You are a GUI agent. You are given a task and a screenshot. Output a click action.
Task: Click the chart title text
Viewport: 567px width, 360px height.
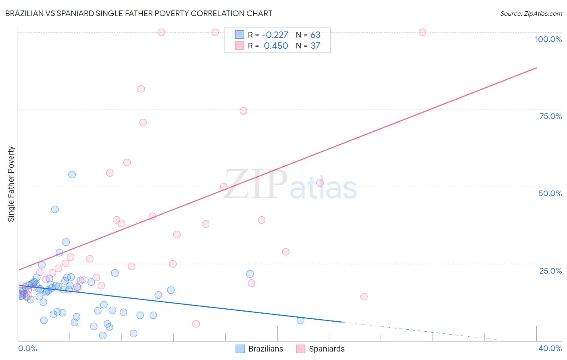tap(139, 13)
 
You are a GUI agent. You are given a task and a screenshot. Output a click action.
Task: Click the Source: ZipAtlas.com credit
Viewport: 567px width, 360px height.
tap(531, 13)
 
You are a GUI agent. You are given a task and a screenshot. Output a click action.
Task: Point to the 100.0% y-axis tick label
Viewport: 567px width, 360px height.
tap(548, 39)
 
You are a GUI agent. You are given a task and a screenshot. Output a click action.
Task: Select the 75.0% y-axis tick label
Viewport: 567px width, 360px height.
tap(550, 116)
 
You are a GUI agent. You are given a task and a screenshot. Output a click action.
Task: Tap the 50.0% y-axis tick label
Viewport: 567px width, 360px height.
tap(550, 193)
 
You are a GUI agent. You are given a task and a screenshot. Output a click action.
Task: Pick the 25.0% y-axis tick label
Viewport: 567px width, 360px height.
tap(550, 270)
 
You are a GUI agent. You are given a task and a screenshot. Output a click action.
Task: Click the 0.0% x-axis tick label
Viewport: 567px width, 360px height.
tap(27, 348)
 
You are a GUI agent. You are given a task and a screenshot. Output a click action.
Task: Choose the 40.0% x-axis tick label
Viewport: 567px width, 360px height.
tap(550, 348)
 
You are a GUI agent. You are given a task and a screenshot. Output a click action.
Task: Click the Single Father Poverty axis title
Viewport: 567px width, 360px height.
tap(11, 184)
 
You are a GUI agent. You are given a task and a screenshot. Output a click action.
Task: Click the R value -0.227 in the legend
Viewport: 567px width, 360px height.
tap(275, 35)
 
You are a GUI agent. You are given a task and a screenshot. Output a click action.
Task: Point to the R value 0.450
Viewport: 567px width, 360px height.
tap(276, 46)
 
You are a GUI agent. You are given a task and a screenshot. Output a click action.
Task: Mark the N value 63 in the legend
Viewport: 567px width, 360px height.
tap(315, 35)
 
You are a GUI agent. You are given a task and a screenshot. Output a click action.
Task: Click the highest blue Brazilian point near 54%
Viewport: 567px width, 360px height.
tap(72, 174)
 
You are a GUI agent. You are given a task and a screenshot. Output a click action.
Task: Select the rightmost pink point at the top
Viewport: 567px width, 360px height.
tap(422, 32)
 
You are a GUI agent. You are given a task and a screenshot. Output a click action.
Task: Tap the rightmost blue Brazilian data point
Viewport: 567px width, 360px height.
tap(300, 320)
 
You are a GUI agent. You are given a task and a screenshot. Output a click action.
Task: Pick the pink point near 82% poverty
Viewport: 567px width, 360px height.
tap(141, 89)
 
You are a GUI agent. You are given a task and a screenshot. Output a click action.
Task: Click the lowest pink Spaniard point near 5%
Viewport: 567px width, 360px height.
tap(196, 324)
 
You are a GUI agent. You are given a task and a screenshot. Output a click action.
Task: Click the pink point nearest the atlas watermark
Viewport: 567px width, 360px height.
tap(320, 183)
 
